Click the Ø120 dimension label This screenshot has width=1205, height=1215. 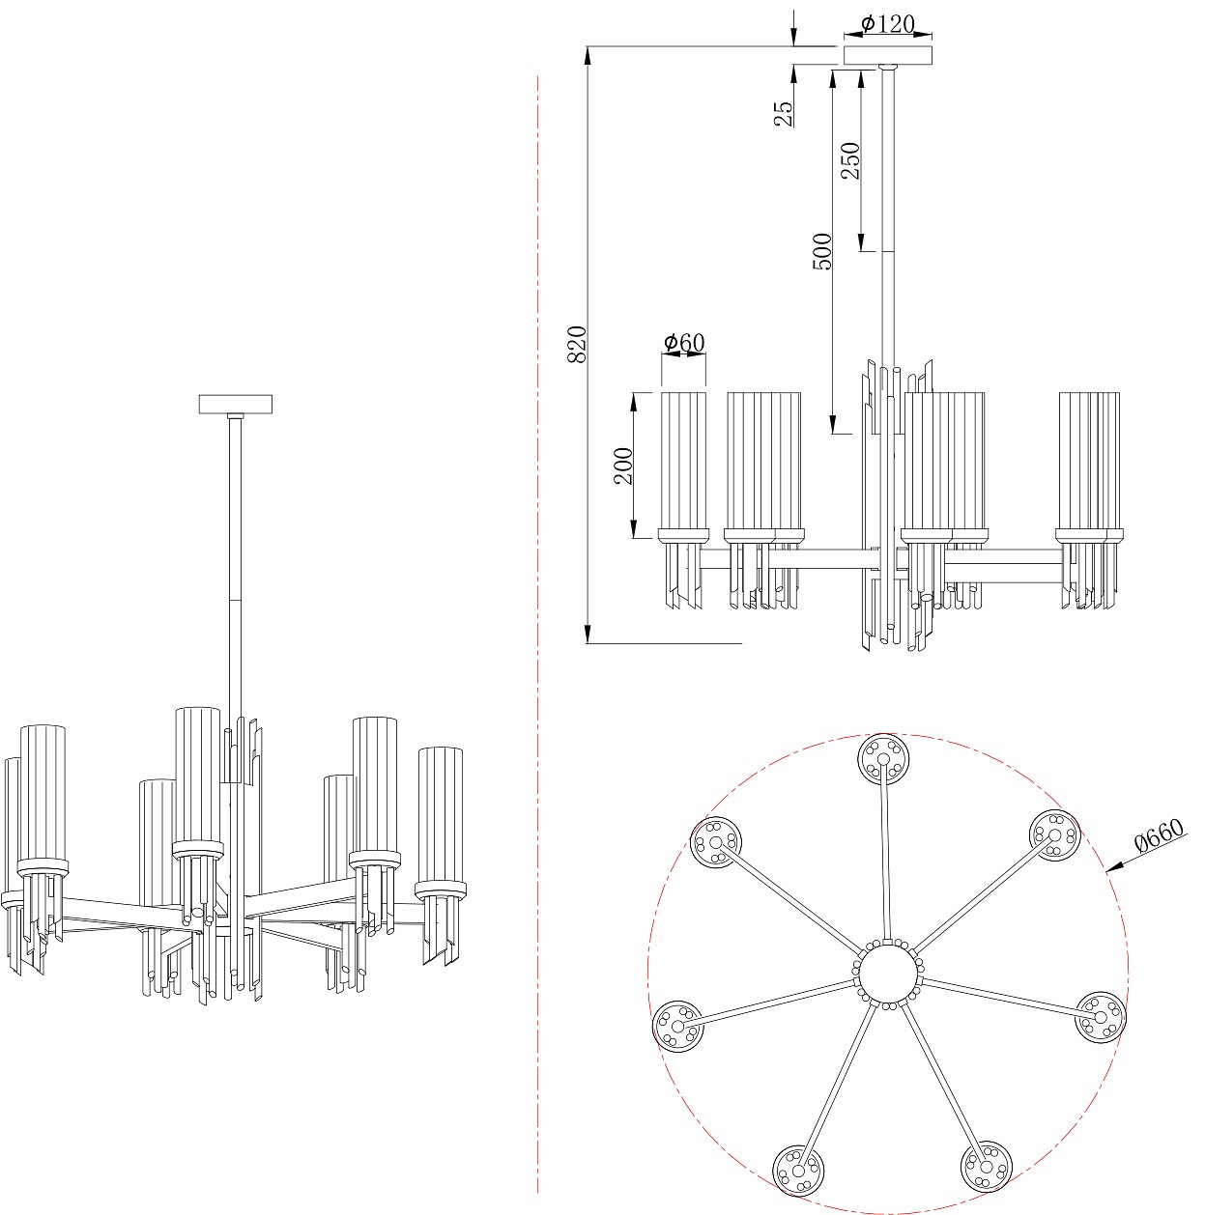[x=887, y=24]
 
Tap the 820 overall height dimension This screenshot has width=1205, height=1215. [x=578, y=344]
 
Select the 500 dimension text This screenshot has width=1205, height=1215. [x=822, y=251]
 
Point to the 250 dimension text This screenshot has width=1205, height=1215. [x=850, y=160]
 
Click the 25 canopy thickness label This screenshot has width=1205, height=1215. [x=784, y=114]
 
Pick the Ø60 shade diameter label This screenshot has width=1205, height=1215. [x=684, y=342]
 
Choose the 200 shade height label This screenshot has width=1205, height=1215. [x=623, y=466]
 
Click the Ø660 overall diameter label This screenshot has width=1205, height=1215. [x=1160, y=835]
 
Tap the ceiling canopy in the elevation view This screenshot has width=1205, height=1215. [x=888, y=55]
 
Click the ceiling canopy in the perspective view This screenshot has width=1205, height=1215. [x=236, y=404]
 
